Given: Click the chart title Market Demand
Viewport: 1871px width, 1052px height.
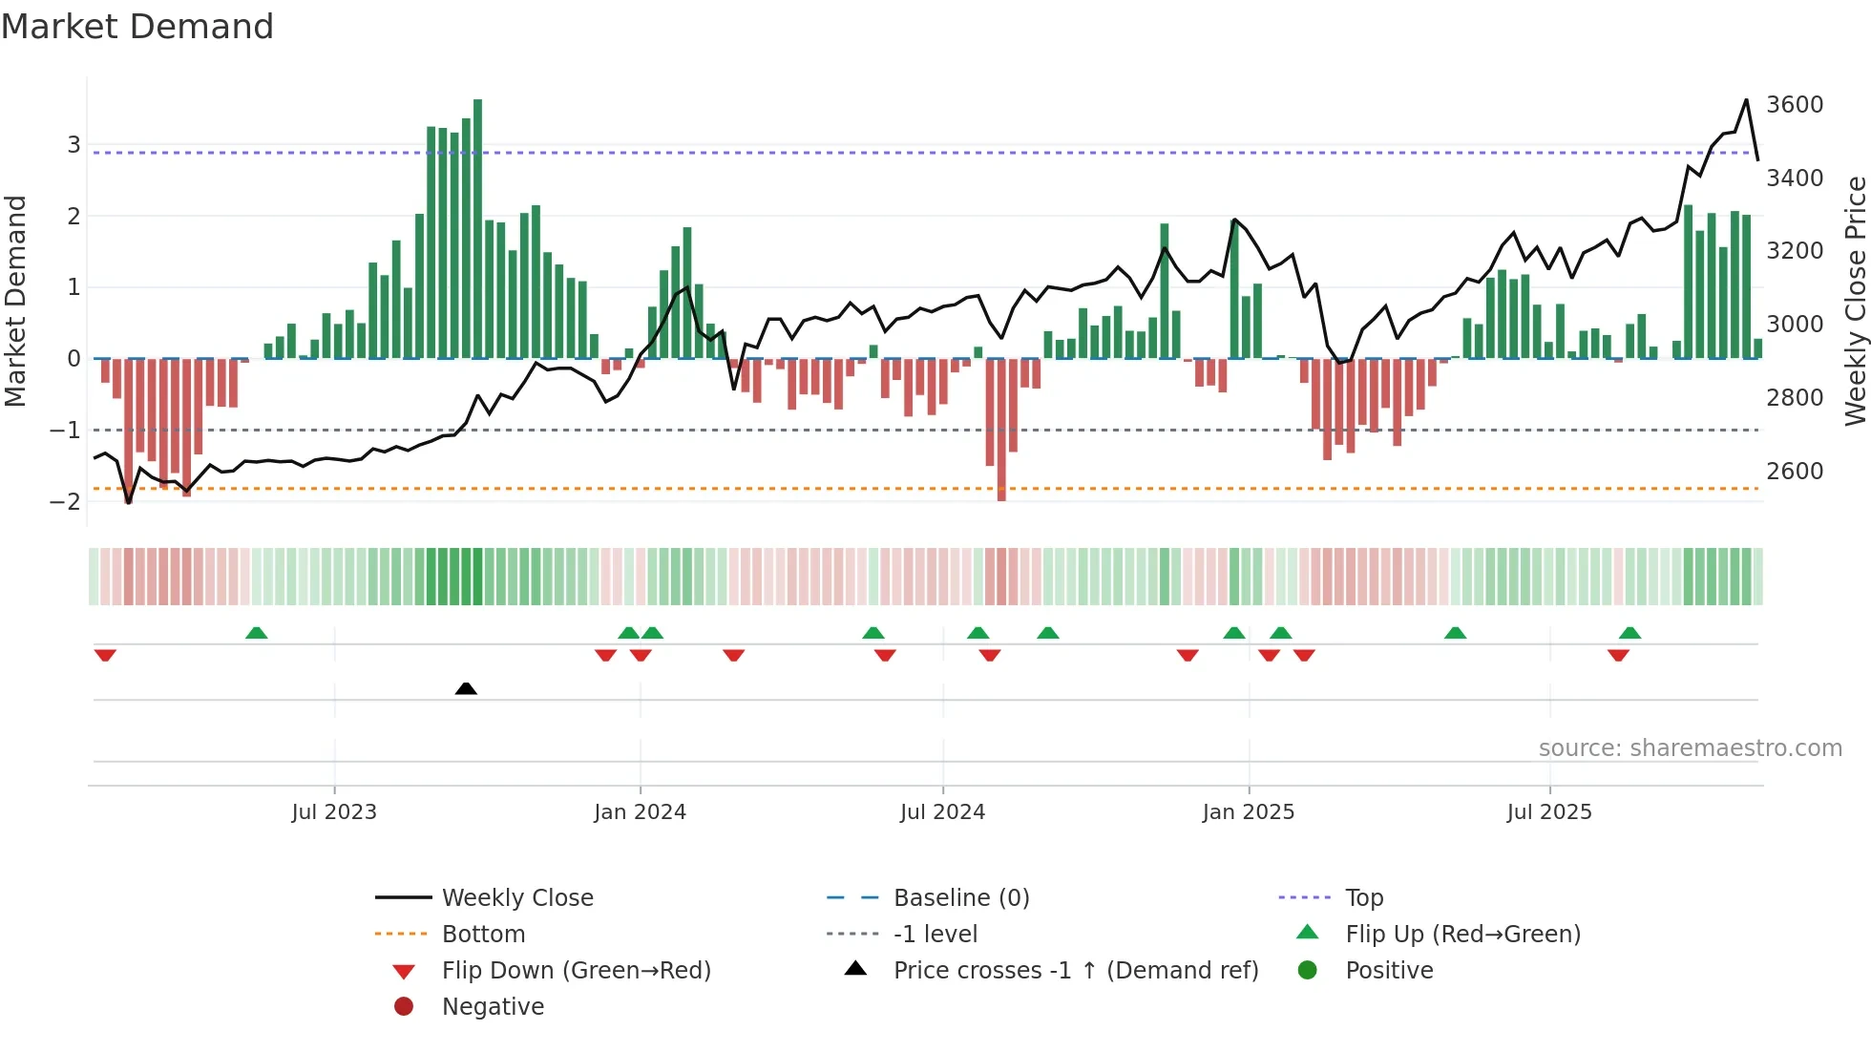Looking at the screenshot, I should point(137,27).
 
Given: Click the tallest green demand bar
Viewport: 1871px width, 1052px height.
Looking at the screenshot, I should point(477,229).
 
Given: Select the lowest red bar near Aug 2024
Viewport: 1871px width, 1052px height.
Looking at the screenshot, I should point(1001,430).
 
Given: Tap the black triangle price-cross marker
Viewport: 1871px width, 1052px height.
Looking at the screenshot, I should point(466,688).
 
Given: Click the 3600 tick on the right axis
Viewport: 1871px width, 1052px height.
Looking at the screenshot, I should point(1795,104).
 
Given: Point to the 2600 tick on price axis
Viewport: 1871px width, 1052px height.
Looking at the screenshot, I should point(1795,471).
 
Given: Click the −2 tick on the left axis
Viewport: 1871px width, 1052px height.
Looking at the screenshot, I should point(65,501).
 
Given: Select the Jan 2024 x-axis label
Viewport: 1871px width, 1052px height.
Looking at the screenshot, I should point(640,812).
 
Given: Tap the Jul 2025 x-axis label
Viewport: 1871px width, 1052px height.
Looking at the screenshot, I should point(1549,812).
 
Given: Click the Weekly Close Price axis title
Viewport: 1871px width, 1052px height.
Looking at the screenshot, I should point(1855,301).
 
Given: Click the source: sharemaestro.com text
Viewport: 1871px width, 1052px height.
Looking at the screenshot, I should point(1690,748).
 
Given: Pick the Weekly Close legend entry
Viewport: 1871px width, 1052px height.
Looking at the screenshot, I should point(516,897).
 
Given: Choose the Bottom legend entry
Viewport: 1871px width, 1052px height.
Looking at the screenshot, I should point(483,934).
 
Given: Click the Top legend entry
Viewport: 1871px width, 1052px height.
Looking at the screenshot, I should point(1364,897).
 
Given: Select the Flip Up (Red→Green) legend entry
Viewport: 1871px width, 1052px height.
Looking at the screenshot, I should point(1462,934).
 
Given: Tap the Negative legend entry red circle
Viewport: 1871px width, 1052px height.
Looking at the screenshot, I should point(404,1006).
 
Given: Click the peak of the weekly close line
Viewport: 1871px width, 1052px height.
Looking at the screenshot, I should point(1746,100).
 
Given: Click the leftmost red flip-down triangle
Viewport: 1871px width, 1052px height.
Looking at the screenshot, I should point(105,655).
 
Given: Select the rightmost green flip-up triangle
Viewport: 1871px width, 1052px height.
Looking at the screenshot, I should point(1629,633).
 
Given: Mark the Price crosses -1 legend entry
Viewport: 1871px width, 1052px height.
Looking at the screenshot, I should point(1076,970).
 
